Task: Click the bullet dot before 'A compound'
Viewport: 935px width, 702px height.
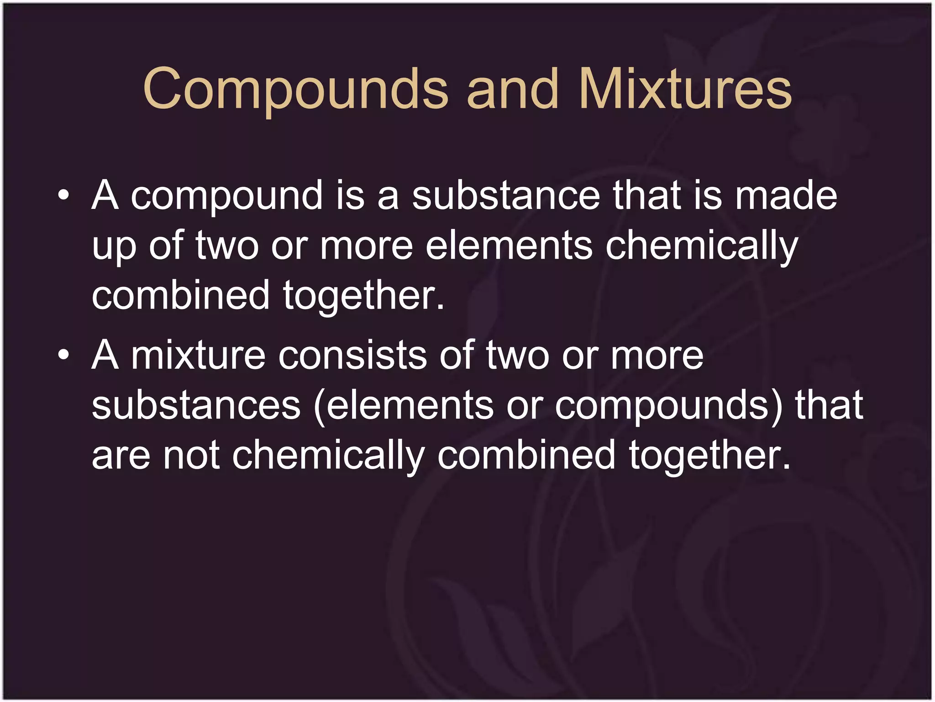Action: coord(64,197)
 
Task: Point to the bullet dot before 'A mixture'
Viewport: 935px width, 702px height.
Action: coord(64,355)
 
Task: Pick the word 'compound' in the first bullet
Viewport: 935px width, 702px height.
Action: coord(227,197)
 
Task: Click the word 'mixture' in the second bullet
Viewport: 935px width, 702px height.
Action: coord(198,355)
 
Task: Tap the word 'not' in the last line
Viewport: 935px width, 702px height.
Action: coord(191,455)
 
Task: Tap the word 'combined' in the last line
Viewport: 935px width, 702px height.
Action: coord(526,455)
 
